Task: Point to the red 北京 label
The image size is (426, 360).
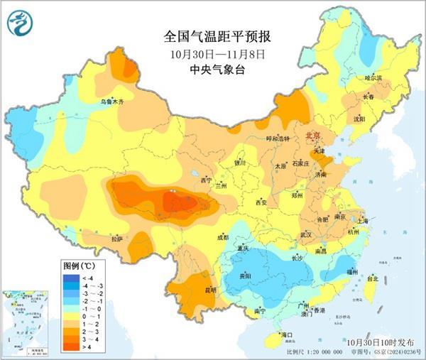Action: [313, 135]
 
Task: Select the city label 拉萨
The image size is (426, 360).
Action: [117, 239]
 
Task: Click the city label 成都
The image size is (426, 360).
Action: [222, 237]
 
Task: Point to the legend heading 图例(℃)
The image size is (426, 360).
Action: [76, 264]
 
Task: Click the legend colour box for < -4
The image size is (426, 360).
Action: [71, 277]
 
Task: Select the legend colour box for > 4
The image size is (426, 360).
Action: [71, 347]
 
